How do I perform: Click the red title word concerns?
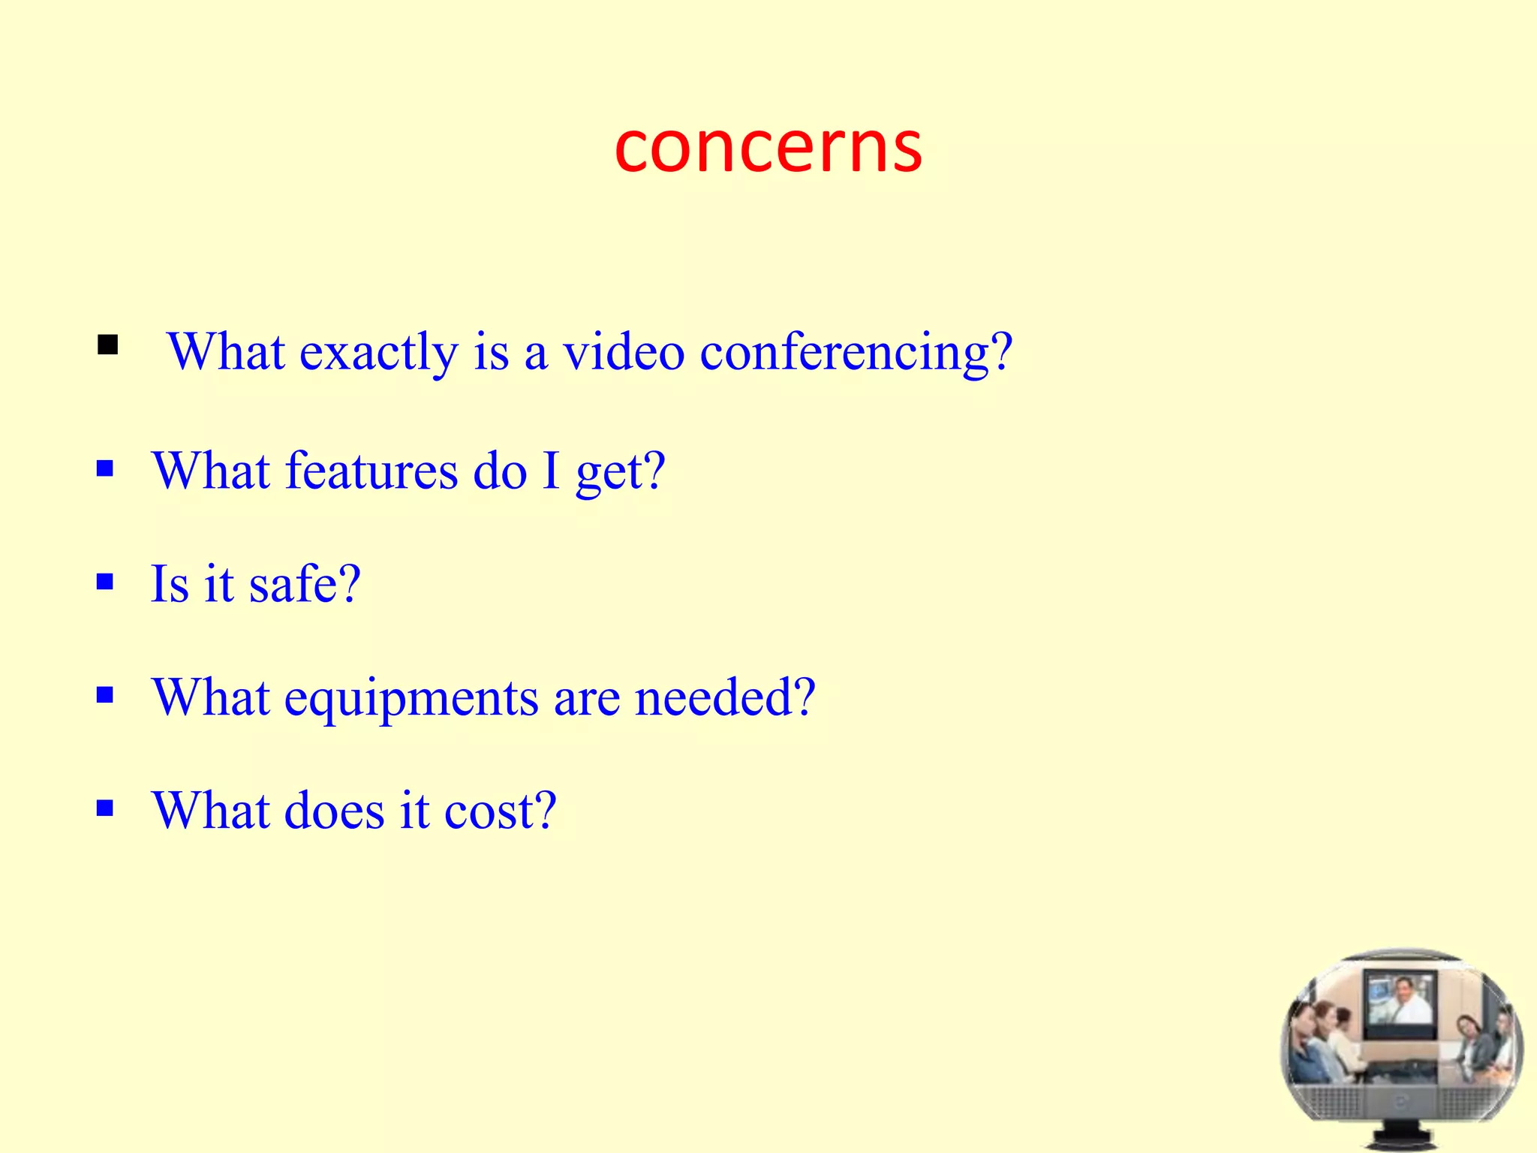(x=768, y=147)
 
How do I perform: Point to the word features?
(x=371, y=471)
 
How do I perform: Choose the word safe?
(x=305, y=583)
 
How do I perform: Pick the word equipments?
(x=411, y=698)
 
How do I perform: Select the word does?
(x=334, y=811)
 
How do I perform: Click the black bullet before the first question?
(x=107, y=345)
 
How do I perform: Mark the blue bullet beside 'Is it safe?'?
(x=105, y=582)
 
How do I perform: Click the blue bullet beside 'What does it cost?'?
(x=105, y=808)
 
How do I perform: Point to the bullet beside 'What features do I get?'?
(x=105, y=469)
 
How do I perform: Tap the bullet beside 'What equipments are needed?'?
(x=105, y=694)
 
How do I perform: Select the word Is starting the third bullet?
(x=170, y=583)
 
